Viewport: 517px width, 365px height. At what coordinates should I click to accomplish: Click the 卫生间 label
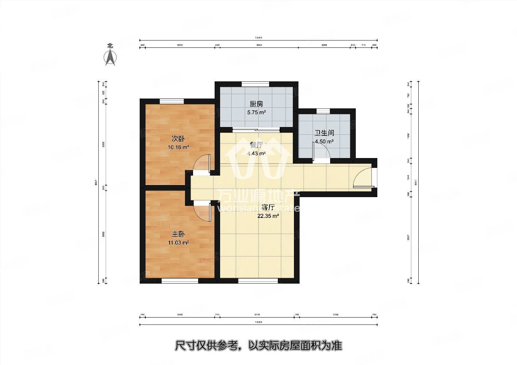coord(324,133)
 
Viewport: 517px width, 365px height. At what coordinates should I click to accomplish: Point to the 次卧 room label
coord(178,139)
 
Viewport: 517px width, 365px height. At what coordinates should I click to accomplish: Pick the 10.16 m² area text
coord(178,147)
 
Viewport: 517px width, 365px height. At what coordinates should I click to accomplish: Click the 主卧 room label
coord(178,234)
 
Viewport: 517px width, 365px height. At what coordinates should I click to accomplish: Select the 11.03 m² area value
coord(178,242)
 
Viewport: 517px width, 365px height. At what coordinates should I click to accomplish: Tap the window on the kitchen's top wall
coord(256,84)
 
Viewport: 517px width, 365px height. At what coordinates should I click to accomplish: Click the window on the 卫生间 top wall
coord(322,111)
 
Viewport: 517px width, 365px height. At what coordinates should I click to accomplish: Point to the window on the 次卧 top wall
coord(171,101)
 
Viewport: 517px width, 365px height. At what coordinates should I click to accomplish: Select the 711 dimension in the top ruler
coord(363,45)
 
